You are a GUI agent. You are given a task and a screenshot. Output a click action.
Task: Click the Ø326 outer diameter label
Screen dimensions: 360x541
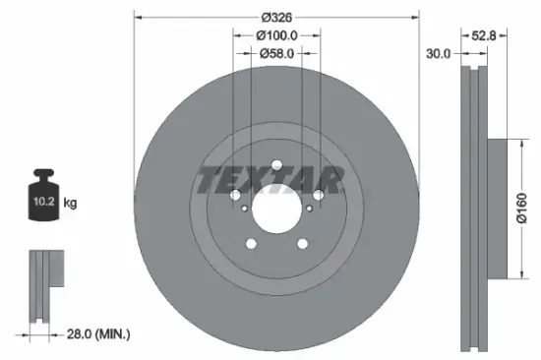[x=277, y=17]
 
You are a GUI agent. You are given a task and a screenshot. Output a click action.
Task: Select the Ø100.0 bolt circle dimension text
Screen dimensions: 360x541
[x=277, y=35]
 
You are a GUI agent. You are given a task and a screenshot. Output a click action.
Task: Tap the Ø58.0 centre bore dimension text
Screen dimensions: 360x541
[x=277, y=54]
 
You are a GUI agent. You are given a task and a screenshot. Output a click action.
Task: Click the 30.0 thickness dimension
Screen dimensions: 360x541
[x=439, y=54]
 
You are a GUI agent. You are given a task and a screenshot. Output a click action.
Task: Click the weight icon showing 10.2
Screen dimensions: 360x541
[x=42, y=202]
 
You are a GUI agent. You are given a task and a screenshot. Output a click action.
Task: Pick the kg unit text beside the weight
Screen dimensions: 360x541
[x=71, y=204]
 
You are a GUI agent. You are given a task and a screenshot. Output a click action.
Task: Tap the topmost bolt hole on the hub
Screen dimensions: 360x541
[x=276, y=164]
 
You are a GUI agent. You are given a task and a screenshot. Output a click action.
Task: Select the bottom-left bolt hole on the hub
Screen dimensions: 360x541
[x=251, y=245]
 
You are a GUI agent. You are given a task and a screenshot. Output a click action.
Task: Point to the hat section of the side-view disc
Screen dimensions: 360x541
[x=498, y=209]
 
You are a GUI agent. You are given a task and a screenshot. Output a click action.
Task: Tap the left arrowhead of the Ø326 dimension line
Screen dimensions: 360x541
[x=137, y=17]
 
